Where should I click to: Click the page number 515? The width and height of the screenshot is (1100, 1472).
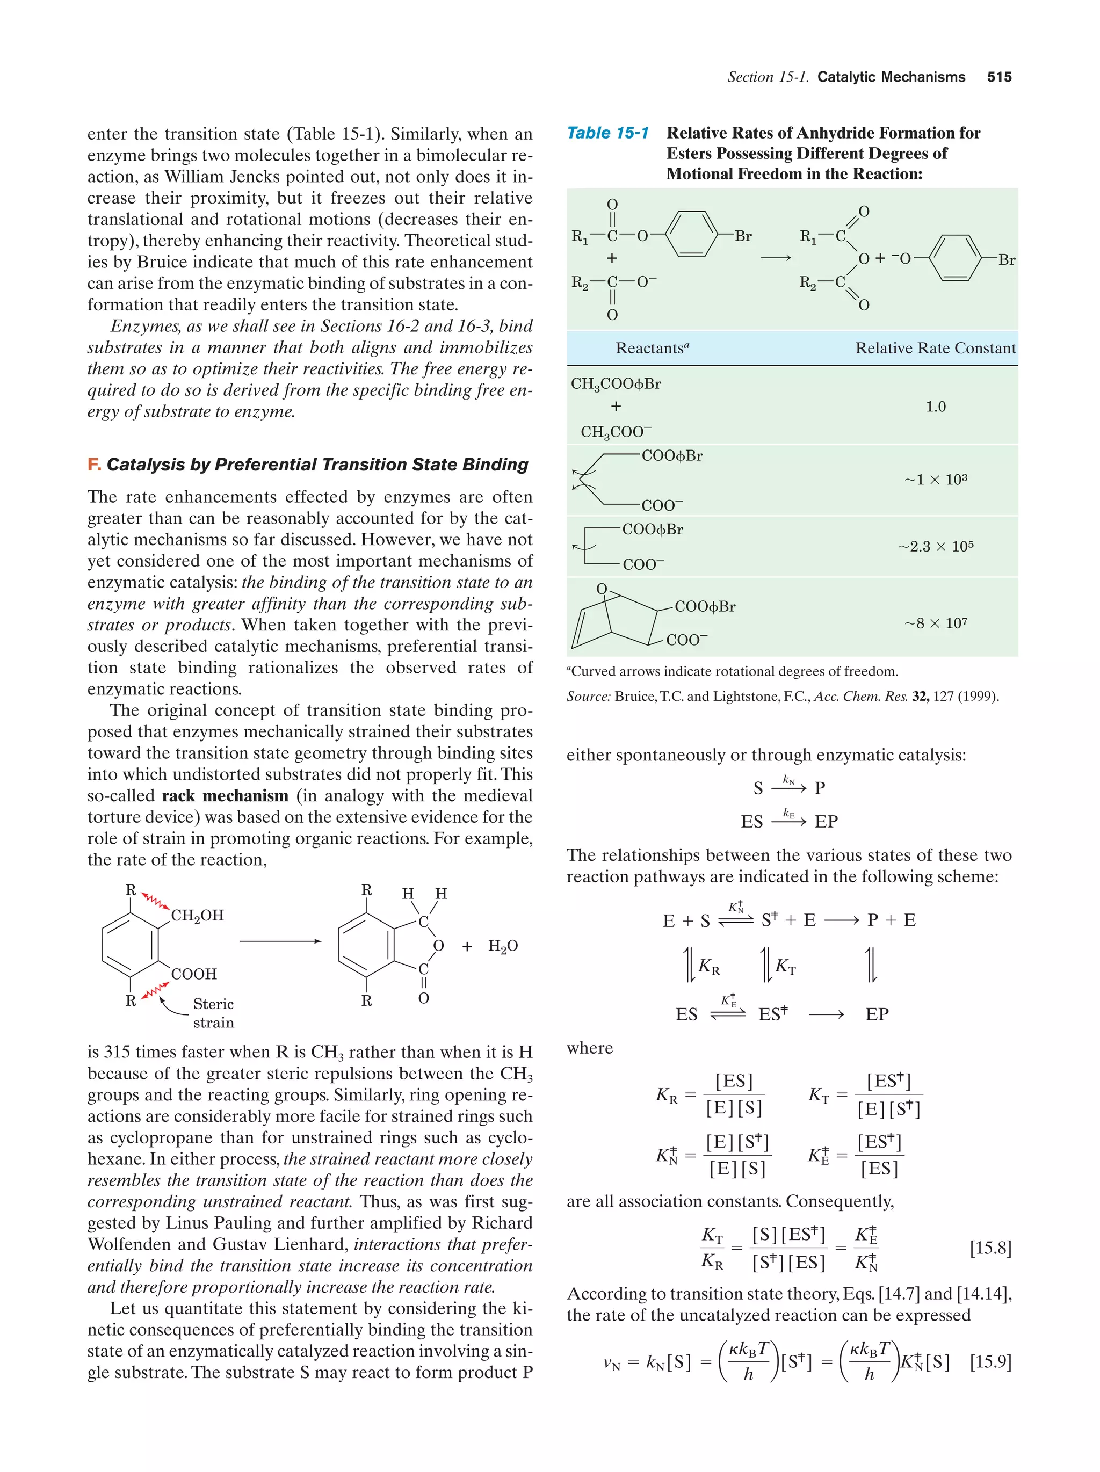[999, 77]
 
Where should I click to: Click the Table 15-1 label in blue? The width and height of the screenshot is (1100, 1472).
[607, 133]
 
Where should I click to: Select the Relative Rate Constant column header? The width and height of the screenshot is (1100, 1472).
[935, 348]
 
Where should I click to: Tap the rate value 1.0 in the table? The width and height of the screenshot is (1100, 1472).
[935, 407]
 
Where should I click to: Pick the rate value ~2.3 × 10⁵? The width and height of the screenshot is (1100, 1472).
[935, 546]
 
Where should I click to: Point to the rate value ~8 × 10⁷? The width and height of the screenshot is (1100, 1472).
[935, 623]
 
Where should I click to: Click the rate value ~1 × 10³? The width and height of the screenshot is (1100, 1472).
[935, 480]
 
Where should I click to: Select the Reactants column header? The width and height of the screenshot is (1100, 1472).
[652, 348]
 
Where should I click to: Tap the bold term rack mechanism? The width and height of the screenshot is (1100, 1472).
[225, 796]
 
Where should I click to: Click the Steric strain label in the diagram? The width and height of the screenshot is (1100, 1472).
[213, 1013]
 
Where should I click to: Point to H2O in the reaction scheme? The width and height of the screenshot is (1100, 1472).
[502, 946]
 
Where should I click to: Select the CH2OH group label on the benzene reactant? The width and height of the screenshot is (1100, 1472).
[198, 916]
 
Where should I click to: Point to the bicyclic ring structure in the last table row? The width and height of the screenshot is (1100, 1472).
[612, 619]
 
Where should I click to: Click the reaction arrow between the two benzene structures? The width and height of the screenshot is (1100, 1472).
[279, 941]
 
